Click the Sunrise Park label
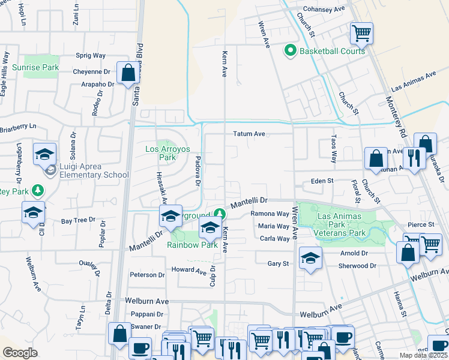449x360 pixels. pyautogui.click(x=35, y=67)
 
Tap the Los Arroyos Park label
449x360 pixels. pyautogui.click(x=161, y=154)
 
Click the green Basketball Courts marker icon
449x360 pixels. pyautogui.click(x=291, y=51)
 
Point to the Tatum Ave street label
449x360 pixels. pyautogui.click(x=249, y=134)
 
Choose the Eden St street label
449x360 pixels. pyautogui.click(x=321, y=180)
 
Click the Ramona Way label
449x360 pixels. pyautogui.click(x=270, y=214)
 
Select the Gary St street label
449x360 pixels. pyautogui.click(x=278, y=263)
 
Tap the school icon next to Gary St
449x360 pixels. pyautogui.click(x=310, y=258)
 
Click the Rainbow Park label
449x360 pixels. pyautogui.click(x=192, y=245)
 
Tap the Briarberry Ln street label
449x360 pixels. pyautogui.click(x=18, y=127)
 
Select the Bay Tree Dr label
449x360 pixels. pyautogui.click(x=78, y=220)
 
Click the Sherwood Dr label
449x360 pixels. pyautogui.click(x=357, y=265)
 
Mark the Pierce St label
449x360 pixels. pyautogui.click(x=420, y=224)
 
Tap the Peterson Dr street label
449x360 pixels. pyautogui.click(x=147, y=275)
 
